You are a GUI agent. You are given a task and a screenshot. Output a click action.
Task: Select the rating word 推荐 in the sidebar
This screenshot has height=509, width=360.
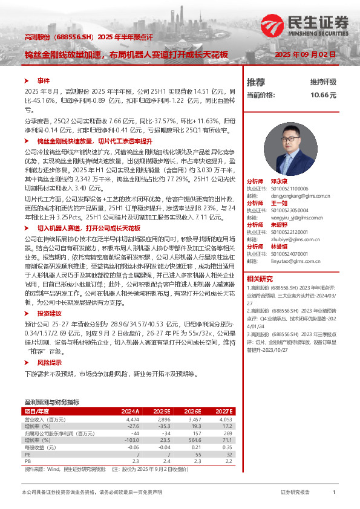tap(256, 82)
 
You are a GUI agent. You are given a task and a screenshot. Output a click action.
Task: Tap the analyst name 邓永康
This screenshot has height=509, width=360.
tap(279, 181)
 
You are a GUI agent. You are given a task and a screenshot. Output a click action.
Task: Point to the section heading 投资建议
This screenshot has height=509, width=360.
tap(50, 314)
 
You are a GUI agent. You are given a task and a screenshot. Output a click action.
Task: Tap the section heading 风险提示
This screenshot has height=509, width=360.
tap(50, 362)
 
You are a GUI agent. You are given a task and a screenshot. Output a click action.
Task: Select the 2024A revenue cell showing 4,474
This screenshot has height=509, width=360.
tap(132, 419)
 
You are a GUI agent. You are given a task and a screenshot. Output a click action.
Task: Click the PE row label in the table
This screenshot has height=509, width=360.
tap(27, 455)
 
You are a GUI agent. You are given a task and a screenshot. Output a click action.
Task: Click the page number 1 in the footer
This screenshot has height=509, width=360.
tap(334, 493)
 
